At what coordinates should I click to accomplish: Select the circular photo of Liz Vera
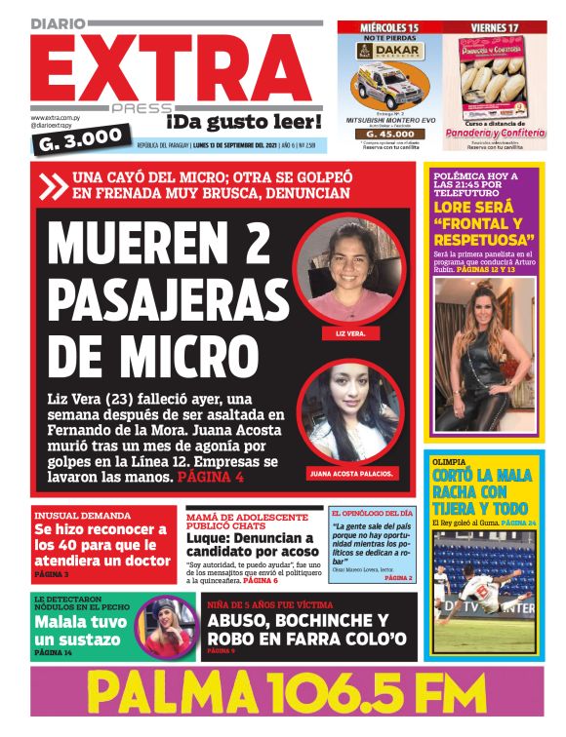pyautogui.click(x=348, y=269)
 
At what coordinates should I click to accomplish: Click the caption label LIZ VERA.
pyautogui.click(x=348, y=331)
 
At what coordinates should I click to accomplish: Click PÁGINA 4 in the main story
pyautogui.click(x=210, y=479)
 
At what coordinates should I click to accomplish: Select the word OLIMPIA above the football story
pyautogui.click(x=450, y=462)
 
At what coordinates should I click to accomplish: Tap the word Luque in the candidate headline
pyautogui.click(x=210, y=538)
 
